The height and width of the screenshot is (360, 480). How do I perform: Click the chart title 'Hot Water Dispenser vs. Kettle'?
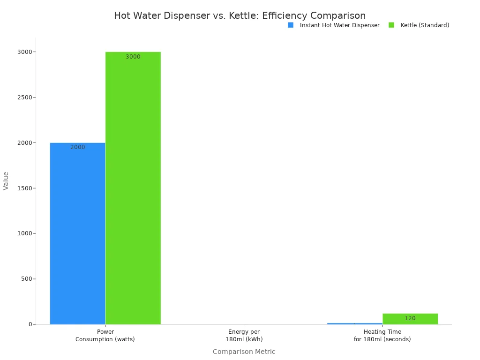pos(240,15)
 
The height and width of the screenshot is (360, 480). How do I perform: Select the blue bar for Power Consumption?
pos(77,234)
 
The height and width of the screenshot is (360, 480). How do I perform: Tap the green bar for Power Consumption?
pos(133,187)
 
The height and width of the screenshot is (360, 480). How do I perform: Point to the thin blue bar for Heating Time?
pos(354,323)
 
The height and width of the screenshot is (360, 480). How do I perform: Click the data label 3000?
pos(133,57)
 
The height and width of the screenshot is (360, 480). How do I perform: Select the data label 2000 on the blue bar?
pos(78,147)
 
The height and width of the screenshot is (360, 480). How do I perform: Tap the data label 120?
pos(410,318)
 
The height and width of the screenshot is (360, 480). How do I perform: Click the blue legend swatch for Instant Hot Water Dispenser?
pos(291,25)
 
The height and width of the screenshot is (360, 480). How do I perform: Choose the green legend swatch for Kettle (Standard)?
pos(391,25)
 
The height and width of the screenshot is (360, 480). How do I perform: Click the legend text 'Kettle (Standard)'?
pos(425,25)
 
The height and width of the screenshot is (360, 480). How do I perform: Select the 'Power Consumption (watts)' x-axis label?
pos(105,336)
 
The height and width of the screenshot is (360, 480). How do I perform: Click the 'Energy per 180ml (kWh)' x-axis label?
pos(244,336)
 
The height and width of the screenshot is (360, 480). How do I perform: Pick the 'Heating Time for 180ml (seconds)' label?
pos(382,336)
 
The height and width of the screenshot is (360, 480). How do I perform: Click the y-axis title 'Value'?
pos(6,180)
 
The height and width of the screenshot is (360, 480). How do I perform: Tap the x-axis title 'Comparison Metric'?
pos(244,352)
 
